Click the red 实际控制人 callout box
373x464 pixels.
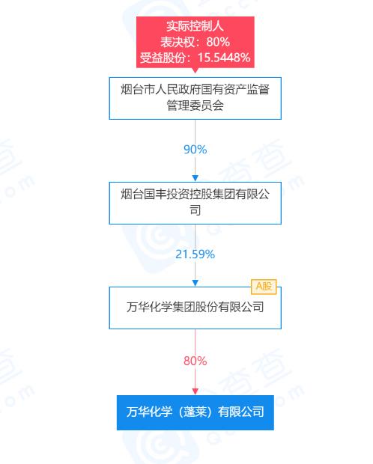(x=195, y=43)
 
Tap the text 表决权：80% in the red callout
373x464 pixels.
(x=195, y=42)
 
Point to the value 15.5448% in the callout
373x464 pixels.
(x=224, y=58)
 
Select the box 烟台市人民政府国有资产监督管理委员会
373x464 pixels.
(x=195, y=98)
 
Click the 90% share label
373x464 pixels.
(x=195, y=150)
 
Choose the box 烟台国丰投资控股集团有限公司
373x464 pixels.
(x=195, y=203)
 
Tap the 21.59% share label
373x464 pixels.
(x=195, y=254)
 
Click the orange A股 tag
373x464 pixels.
(x=264, y=287)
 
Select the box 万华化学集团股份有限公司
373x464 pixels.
(x=195, y=308)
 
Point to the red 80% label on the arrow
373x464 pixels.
(x=195, y=361)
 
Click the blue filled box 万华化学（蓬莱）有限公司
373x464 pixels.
(x=195, y=412)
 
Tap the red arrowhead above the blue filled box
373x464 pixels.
(x=195, y=391)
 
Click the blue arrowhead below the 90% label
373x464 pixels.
(x=195, y=178)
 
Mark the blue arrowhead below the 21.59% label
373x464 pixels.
(x=195, y=283)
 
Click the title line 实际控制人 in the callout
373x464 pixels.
(x=195, y=26)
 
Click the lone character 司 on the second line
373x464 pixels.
(x=195, y=210)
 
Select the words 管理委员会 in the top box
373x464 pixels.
(x=195, y=106)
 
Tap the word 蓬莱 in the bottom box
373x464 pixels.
(x=195, y=412)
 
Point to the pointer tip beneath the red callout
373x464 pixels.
(x=195, y=73)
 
